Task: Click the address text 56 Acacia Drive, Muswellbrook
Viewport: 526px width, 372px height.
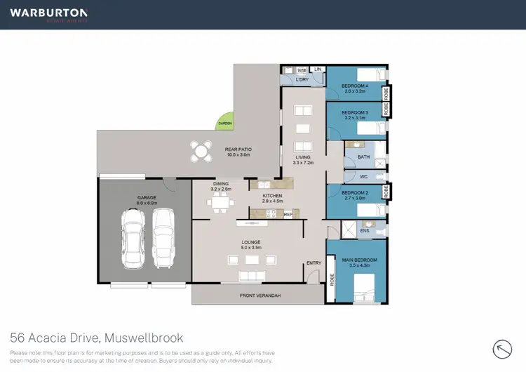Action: pyautogui.click(x=96, y=338)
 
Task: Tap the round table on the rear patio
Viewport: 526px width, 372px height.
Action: pyautogui.click(x=202, y=150)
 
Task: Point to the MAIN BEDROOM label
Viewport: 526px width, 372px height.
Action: pyautogui.click(x=360, y=261)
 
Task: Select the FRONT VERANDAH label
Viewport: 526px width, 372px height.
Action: pyautogui.click(x=260, y=295)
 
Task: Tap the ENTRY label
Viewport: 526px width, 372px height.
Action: pyautogui.click(x=313, y=263)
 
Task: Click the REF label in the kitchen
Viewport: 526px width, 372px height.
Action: pyautogui.click(x=288, y=214)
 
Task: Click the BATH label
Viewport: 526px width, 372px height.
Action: pyautogui.click(x=363, y=157)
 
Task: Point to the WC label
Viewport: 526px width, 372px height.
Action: pyautogui.click(x=363, y=177)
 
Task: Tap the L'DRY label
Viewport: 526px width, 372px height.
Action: pyautogui.click(x=302, y=80)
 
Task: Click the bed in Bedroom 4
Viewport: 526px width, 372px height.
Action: pyautogui.click(x=369, y=74)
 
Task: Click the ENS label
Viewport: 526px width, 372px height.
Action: pyautogui.click(x=364, y=230)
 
